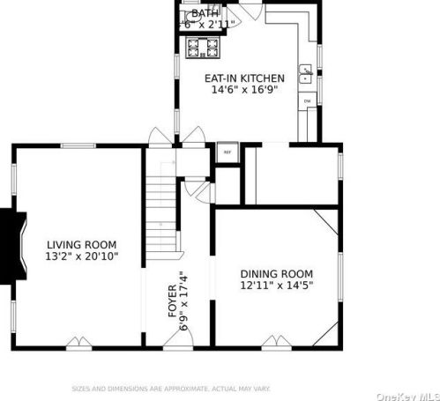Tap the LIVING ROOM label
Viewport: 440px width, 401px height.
tap(81, 244)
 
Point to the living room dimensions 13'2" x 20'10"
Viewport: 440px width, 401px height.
tap(81, 256)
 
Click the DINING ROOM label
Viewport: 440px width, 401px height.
tap(276, 273)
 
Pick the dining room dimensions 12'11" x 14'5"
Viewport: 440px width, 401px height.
tap(276, 285)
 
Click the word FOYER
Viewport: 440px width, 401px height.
tap(173, 301)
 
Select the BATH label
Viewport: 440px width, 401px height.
tap(205, 13)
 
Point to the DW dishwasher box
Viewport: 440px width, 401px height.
tap(308, 101)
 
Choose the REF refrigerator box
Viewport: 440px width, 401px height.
tap(227, 152)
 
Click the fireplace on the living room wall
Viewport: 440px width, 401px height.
tap(8, 238)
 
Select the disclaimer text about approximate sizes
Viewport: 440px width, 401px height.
tap(170, 388)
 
